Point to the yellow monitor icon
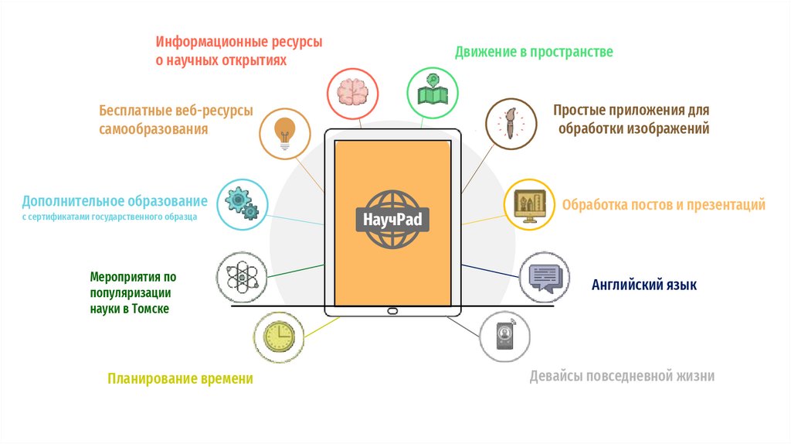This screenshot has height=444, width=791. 530,204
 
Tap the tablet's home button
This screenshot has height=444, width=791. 392,311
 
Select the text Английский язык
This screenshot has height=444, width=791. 644,285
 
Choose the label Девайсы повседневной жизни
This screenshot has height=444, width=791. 622,377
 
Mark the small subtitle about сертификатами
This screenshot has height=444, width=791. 109,217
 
